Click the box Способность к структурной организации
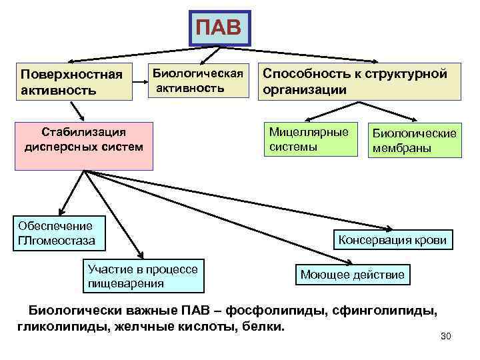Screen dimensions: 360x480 point(359,81)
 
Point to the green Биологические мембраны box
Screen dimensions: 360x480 point(414,140)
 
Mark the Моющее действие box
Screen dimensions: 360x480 point(353,275)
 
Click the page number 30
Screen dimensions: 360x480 point(446,336)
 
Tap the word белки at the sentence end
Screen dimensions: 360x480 point(263,327)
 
